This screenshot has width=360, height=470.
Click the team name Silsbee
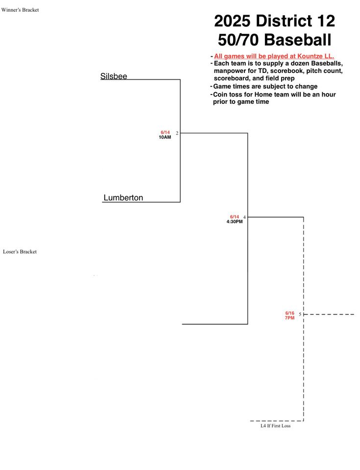coord(114,76)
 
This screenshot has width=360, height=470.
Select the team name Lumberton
coord(123,197)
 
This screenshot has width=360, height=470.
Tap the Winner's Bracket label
coord(20,10)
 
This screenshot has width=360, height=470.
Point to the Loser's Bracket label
coord(20,252)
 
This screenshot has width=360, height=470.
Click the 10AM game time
coord(165,137)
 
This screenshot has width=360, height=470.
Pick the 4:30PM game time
coord(235,222)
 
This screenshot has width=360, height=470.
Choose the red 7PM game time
coord(290,318)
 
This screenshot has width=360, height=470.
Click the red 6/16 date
coord(290,313)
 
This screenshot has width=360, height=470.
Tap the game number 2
coord(177,133)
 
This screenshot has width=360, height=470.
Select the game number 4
coord(244,217)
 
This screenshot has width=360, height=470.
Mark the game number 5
coord(300,314)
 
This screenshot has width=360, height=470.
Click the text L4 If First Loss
coord(275,425)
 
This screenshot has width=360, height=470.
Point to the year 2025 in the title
coord(232,21)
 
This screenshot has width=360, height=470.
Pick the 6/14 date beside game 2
coord(165,133)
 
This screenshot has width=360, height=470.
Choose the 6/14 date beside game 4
coord(235,217)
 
